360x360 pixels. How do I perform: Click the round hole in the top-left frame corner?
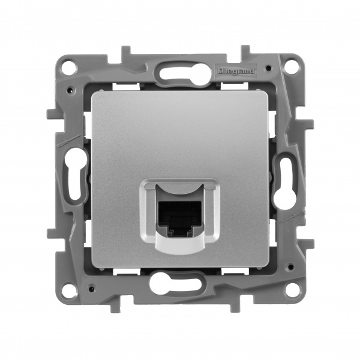(x=69, y=66)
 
